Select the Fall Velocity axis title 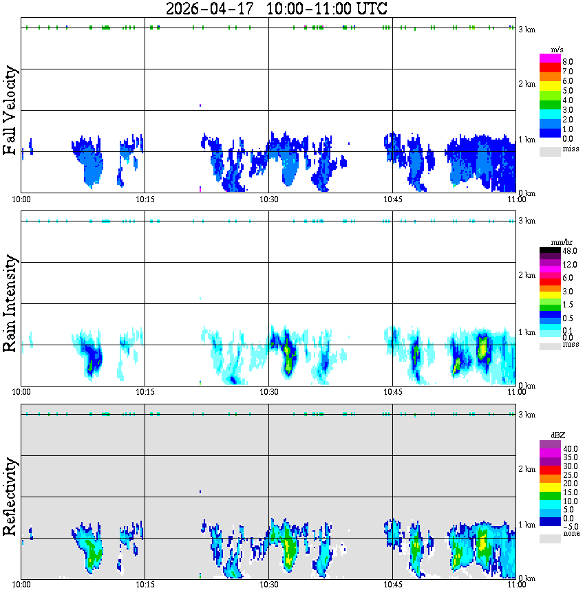pyautogui.click(x=10, y=111)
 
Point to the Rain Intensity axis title pyautogui.click(x=10, y=303)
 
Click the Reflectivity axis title pyautogui.click(x=10, y=497)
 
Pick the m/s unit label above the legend pyautogui.click(x=557, y=50)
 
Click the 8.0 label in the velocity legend pyautogui.click(x=568, y=61)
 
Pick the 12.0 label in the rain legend pyautogui.click(x=568, y=265)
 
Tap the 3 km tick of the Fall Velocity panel pyautogui.click(x=526, y=29)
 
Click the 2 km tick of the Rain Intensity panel pyautogui.click(x=526, y=275)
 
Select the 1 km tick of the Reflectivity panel pyautogui.click(x=526, y=525)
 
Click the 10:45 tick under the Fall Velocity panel pyautogui.click(x=392, y=199)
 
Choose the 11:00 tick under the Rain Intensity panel pyautogui.click(x=516, y=391)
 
